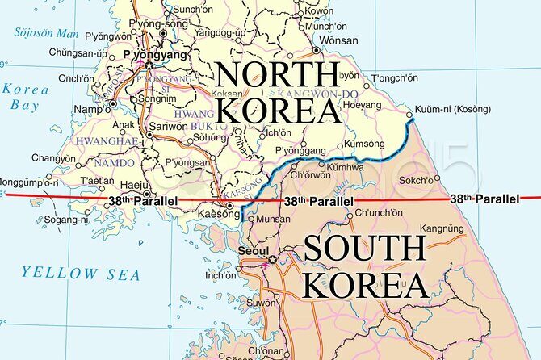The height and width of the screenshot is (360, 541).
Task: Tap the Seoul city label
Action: click(x=254, y=251)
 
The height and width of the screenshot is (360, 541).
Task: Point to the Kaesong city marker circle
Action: click(x=230, y=206)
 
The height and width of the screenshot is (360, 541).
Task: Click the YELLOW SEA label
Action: click(x=81, y=274)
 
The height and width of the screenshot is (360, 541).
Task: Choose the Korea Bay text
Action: click(x=24, y=96)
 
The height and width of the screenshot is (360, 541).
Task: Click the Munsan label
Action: click(x=274, y=219)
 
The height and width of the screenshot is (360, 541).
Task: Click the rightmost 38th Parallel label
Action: click(x=484, y=199)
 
